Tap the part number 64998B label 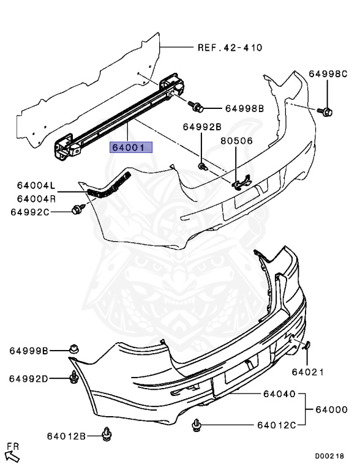(x=244, y=108)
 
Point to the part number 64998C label (x=328, y=73)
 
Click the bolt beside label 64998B (x=197, y=107)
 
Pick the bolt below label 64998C (x=327, y=111)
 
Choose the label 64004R (x=36, y=198)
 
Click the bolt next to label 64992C (x=77, y=210)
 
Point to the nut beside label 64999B (x=74, y=349)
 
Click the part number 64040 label (x=280, y=394)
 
